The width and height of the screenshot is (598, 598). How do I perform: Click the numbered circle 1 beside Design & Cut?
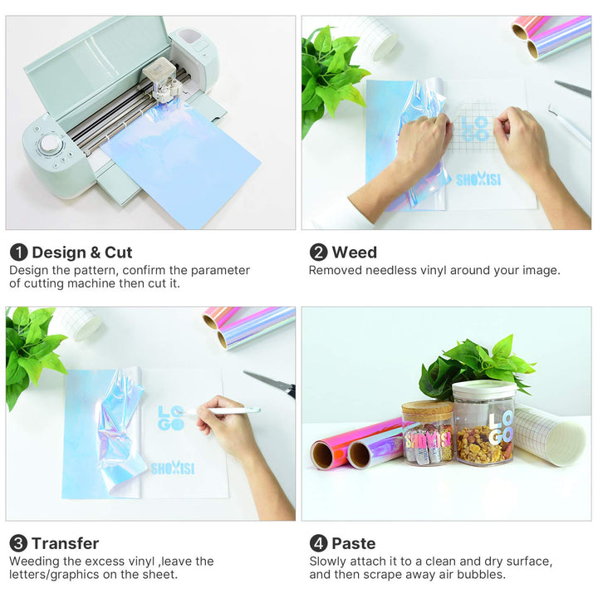(18, 252)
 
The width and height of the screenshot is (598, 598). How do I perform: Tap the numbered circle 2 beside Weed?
(318, 252)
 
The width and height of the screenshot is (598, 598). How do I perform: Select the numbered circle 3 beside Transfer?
(18, 543)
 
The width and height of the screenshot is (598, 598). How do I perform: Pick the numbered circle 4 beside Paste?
(318, 543)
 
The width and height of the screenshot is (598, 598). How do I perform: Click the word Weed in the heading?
(355, 252)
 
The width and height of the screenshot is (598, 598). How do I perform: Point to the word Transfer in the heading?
(66, 543)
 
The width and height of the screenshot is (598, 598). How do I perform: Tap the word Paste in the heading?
(354, 543)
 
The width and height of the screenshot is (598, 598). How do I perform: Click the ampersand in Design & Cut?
(95, 252)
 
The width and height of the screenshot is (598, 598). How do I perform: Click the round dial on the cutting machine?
(50, 144)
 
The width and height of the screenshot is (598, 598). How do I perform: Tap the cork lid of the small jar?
(427, 408)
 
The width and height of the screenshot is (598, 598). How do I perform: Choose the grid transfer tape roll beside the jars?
(548, 436)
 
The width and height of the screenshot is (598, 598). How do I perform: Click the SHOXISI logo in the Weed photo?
(478, 179)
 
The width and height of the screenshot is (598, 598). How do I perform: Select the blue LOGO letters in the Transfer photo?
(171, 418)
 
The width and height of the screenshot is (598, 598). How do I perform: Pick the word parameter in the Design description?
(220, 271)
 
